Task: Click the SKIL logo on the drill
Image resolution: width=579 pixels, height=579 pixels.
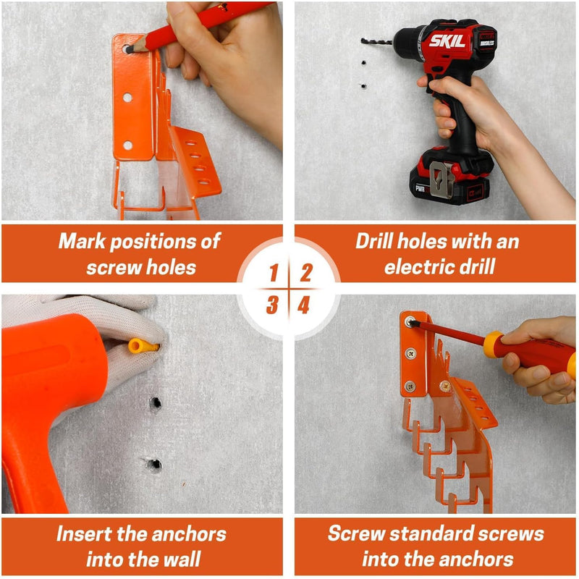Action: (447, 41)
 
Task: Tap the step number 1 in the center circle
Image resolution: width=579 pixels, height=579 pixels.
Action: (274, 273)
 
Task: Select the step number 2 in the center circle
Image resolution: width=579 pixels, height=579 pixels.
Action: (306, 273)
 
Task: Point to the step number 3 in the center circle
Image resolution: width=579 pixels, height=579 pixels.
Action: (272, 305)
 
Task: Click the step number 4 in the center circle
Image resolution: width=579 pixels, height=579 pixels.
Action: (303, 305)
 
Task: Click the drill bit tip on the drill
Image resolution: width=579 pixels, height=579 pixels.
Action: (363, 40)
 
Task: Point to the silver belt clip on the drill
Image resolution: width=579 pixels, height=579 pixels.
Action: (442, 179)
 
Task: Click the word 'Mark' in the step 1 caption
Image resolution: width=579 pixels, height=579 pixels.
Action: (82, 241)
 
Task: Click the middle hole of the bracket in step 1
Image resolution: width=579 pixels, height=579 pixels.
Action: (127, 98)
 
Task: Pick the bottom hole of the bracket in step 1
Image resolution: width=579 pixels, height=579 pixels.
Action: (127, 145)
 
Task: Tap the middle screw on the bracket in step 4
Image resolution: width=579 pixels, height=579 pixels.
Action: (411, 353)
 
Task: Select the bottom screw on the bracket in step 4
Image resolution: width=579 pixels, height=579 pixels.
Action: (410, 386)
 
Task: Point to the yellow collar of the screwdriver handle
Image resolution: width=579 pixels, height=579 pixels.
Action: (494, 344)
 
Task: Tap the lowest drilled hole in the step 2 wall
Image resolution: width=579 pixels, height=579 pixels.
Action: (363, 86)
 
